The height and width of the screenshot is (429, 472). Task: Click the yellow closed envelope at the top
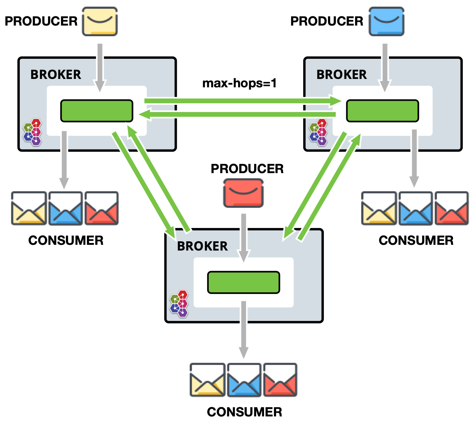[100, 21]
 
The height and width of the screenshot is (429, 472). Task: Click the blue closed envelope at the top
[386, 21]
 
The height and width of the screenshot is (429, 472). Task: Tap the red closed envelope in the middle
[243, 193]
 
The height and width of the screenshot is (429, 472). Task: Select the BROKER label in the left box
[56, 74]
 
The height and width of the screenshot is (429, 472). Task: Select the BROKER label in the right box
[341, 74]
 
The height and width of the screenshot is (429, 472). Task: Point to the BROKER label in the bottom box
[202, 246]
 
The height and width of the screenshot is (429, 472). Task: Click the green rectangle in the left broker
[97, 111]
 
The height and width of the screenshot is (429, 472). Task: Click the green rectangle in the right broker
[382, 111]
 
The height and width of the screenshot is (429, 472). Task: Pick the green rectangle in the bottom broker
[243, 283]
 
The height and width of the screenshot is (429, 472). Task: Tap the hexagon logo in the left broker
[32, 132]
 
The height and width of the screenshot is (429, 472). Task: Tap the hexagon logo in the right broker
[318, 132]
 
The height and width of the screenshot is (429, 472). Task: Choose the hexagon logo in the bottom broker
[179, 304]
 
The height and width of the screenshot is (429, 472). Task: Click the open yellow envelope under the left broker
[29, 208]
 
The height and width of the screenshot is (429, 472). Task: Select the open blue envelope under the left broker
[66, 208]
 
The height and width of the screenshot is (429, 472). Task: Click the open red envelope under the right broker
[451, 208]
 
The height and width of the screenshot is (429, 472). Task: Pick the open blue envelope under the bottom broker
[244, 380]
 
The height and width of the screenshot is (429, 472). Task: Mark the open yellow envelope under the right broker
[379, 208]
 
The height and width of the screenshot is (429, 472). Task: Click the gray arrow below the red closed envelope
[243, 236]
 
